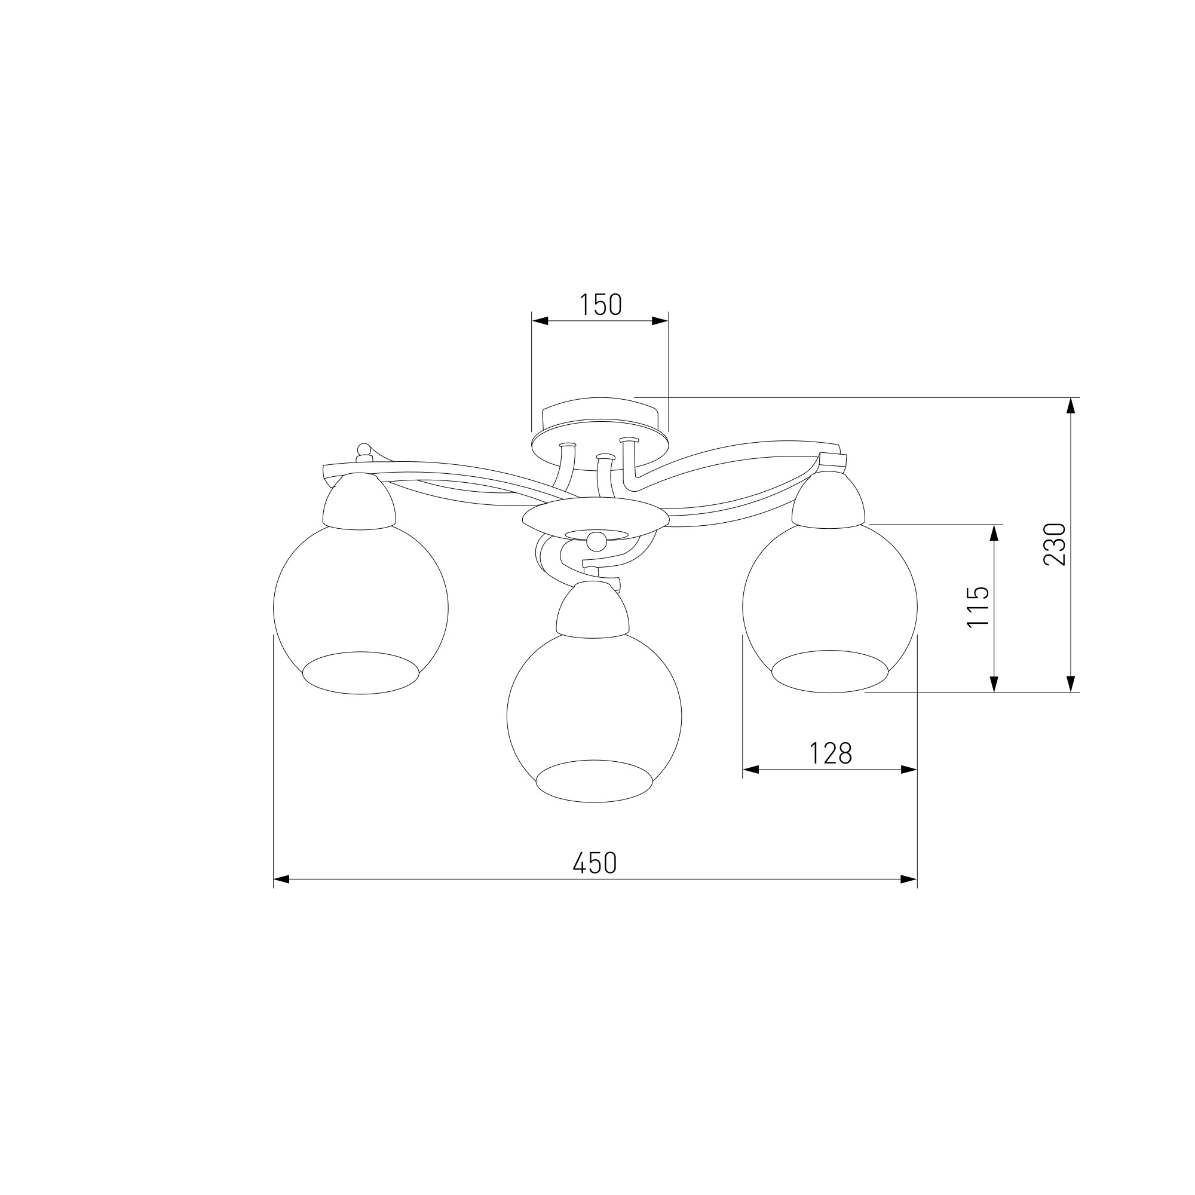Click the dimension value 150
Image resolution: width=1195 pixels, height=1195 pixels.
click(600, 304)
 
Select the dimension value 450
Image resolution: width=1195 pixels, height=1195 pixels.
click(595, 863)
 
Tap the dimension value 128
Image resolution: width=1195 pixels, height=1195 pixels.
click(831, 753)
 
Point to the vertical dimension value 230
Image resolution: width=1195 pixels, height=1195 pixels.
click(1055, 544)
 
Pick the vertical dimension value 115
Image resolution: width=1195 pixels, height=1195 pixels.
click(978, 607)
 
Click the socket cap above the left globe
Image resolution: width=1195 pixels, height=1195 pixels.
click(359, 502)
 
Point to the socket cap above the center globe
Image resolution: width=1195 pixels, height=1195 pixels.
click(593, 611)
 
